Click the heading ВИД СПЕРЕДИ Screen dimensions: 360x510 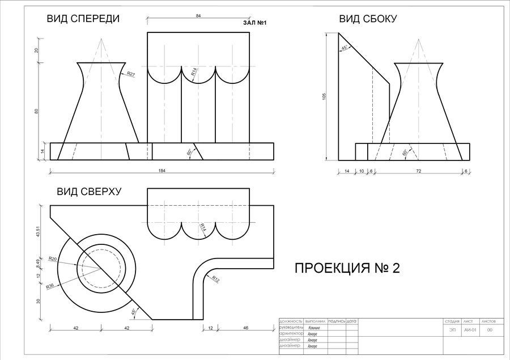[x=83, y=19]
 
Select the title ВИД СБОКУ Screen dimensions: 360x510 [x=368, y=19]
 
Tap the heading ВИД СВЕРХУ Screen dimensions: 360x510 [x=89, y=192]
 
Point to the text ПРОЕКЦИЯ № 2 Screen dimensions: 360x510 [x=347, y=268]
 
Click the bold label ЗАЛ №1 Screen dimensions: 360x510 [x=254, y=23]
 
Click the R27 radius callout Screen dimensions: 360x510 [x=131, y=74]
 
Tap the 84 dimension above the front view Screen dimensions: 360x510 [x=198, y=16]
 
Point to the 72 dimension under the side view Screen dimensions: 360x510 [x=418, y=171]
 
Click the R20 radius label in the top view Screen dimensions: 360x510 [x=53, y=259]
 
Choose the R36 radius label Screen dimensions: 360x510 [x=50, y=286]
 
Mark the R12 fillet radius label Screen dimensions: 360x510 [x=216, y=278]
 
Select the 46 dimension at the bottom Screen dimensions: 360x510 [x=245, y=328]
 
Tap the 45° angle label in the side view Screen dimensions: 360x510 [x=345, y=49]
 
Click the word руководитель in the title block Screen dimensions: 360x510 [x=292, y=328]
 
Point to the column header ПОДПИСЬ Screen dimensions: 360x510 [x=336, y=321]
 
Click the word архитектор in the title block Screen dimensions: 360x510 [x=291, y=334]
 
